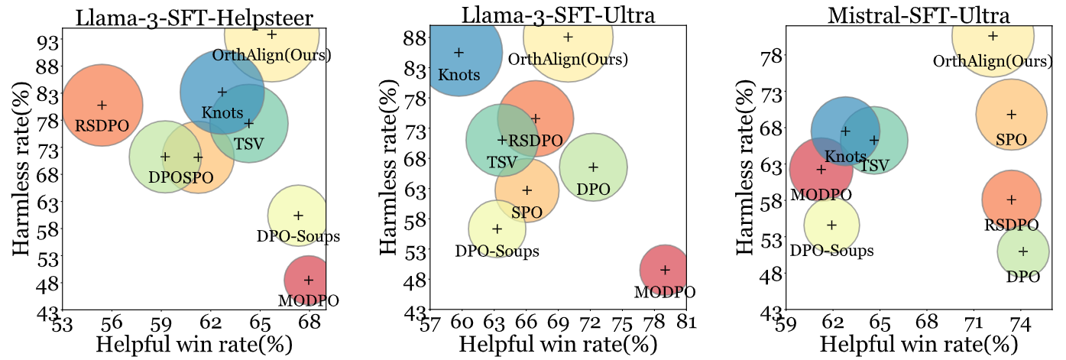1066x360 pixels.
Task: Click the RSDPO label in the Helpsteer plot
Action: pyautogui.click(x=102, y=125)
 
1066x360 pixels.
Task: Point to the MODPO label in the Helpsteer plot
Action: pyautogui.click(x=308, y=300)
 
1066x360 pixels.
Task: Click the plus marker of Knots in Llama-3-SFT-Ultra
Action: pyautogui.click(x=459, y=53)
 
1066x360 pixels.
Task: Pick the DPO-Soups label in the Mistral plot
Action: pyautogui.click(x=831, y=250)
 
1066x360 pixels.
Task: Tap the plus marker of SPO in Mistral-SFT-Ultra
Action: pyautogui.click(x=1011, y=115)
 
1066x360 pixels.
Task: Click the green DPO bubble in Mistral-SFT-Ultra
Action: pyautogui.click(x=1023, y=251)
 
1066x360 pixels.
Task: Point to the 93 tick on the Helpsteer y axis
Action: pyautogui.click(x=49, y=40)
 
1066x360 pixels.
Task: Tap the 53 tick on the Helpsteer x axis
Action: pyautogui.click(x=63, y=322)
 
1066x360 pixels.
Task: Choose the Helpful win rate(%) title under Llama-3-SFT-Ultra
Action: pyautogui.click(x=557, y=344)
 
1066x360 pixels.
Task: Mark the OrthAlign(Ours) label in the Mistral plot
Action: pyautogui.click(x=991, y=60)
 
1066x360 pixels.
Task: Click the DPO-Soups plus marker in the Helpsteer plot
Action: pyautogui.click(x=298, y=216)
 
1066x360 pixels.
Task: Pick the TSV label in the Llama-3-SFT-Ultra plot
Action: pyautogui.click(x=501, y=162)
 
